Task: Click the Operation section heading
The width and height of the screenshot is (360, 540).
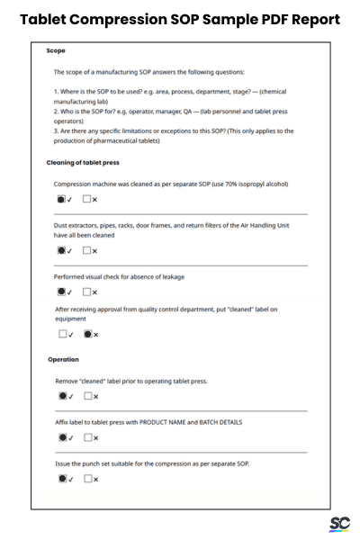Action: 65,359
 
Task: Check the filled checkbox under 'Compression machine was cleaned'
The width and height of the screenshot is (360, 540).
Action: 60,199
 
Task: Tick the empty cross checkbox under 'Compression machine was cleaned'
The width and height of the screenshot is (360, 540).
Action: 86,199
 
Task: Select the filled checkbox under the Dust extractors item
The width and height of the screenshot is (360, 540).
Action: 60,251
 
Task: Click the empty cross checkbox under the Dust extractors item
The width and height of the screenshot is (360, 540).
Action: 86,251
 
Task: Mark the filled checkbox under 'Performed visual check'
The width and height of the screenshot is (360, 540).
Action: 60,292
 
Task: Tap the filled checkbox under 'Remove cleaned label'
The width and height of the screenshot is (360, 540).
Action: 60,396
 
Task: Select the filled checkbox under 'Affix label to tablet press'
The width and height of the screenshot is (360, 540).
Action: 60,437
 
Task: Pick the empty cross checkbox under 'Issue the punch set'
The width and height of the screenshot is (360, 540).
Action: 86,479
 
